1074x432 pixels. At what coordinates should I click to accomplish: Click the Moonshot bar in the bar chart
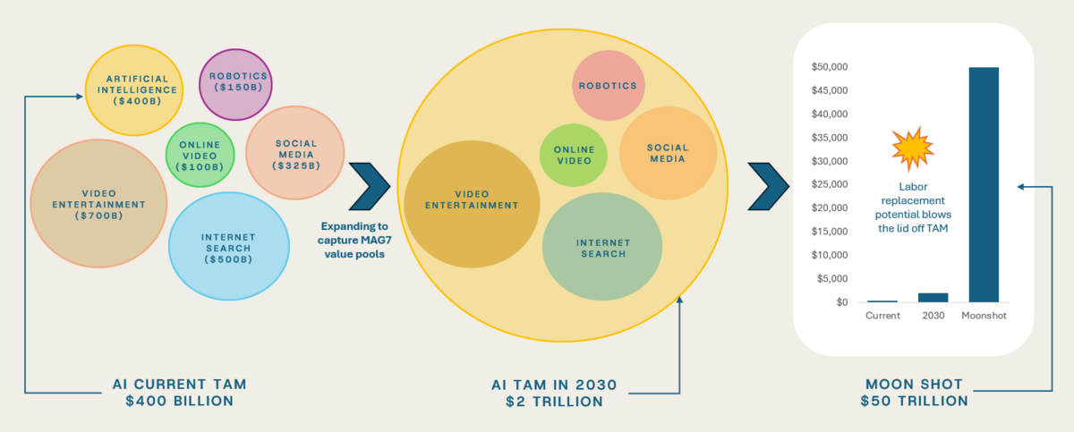984,184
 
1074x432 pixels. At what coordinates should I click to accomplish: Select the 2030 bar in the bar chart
933,298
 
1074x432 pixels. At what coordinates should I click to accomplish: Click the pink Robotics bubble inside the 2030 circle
607,86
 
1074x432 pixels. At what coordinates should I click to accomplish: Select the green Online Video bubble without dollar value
574,155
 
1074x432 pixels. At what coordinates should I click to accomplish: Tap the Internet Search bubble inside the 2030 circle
602,248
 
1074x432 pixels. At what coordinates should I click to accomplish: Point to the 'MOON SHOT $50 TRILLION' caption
914,393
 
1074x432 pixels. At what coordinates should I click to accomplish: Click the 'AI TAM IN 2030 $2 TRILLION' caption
549,393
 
